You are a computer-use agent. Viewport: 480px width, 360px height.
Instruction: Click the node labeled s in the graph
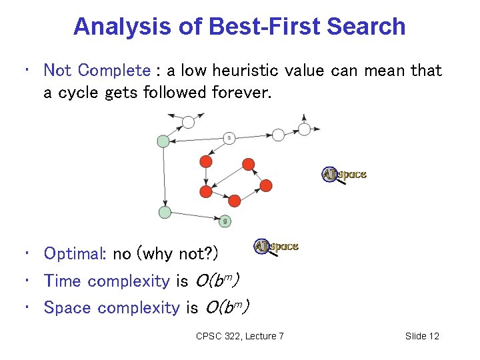229,138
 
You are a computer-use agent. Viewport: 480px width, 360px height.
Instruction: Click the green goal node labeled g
225,220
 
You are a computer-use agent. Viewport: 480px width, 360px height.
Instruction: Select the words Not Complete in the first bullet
97,71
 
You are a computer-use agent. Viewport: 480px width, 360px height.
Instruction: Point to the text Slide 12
422,336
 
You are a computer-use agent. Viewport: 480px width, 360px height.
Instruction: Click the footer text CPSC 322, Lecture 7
239,336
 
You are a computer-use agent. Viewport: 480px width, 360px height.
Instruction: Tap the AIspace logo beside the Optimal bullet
276,247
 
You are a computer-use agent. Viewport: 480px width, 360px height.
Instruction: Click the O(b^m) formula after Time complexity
217,281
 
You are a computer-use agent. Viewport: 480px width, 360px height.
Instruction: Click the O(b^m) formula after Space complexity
227,307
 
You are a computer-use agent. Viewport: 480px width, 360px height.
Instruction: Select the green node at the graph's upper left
163,141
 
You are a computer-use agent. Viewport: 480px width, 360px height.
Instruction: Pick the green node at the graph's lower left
165,212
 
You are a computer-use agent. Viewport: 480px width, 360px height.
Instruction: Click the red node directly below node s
206,162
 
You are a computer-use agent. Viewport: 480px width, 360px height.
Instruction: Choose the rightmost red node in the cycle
266,185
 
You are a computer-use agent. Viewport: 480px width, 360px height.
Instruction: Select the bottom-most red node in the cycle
234,200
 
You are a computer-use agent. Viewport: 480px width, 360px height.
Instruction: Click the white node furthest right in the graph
304,129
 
